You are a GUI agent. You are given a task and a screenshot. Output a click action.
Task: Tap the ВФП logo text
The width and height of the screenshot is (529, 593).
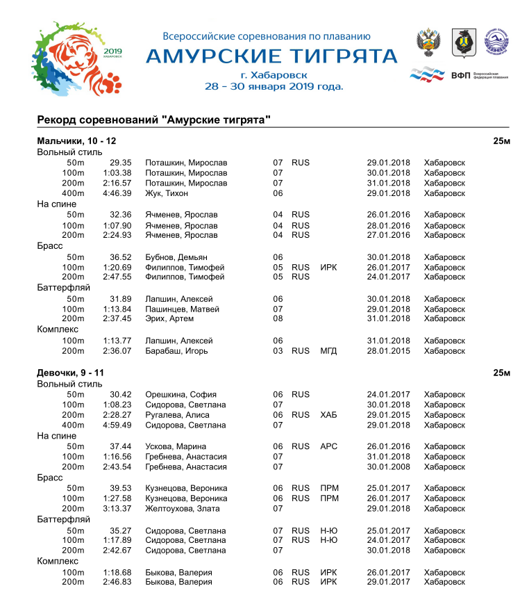pos(460,75)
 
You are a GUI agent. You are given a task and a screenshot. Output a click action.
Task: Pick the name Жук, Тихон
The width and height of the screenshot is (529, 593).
pos(167,193)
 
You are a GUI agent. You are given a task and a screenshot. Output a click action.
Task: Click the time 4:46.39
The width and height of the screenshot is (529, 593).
pos(117,193)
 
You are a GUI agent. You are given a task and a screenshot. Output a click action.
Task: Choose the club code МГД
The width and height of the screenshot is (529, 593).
pos(328,351)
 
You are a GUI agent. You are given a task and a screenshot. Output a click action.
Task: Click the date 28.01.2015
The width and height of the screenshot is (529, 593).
pos(388,351)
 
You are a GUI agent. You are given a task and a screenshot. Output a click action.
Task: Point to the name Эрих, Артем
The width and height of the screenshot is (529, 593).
pos(169,319)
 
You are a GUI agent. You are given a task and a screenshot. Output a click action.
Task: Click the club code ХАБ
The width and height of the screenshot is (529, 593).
pos(328,415)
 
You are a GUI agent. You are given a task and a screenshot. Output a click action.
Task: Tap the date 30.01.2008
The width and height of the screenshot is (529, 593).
pos(388,466)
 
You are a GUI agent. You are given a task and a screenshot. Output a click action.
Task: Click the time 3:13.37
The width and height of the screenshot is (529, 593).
pos(117,509)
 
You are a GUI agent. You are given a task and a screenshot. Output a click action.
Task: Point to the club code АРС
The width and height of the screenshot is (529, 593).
pos(328,446)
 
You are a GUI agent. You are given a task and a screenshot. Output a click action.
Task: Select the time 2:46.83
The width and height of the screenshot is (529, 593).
pos(117,582)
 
